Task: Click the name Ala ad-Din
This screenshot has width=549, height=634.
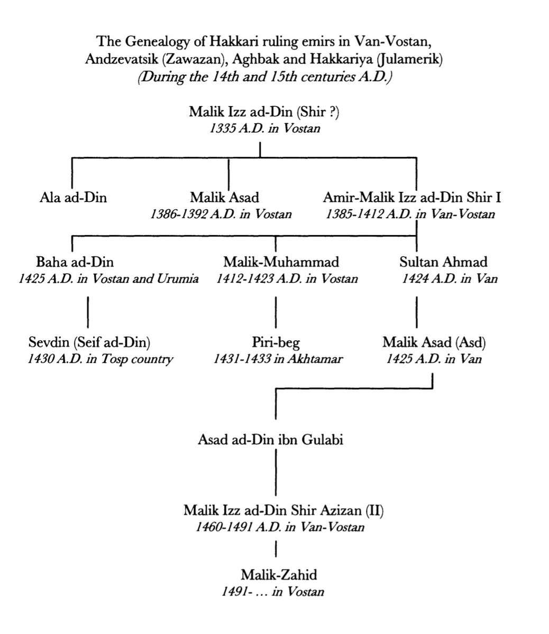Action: coord(73,198)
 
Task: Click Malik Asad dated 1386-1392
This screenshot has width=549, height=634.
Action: coord(225,198)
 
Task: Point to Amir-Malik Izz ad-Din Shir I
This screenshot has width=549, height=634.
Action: coord(412,198)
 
